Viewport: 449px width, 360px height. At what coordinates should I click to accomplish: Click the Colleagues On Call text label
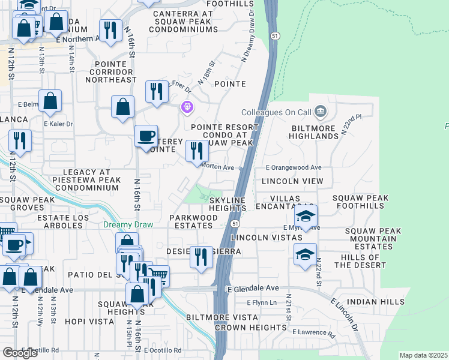click(x=276, y=112)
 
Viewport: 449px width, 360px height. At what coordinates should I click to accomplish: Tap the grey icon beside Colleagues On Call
click(x=320, y=111)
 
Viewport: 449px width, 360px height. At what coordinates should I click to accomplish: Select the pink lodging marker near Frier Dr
click(x=187, y=107)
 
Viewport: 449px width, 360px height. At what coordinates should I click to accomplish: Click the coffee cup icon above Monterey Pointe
click(x=146, y=136)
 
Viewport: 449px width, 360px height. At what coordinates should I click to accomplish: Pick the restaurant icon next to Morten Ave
click(x=196, y=151)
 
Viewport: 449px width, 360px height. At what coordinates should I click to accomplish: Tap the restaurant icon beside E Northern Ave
click(x=110, y=31)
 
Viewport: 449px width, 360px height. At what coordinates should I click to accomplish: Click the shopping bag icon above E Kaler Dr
click(x=50, y=101)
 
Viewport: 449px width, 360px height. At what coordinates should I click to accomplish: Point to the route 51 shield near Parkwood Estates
click(x=235, y=223)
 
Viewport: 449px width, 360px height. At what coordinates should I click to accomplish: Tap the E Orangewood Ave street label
click(x=294, y=167)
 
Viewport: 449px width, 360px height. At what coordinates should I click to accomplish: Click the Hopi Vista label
click(x=89, y=322)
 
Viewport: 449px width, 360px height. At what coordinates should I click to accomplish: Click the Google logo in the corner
click(x=20, y=352)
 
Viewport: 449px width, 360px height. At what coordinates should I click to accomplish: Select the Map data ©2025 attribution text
click(x=423, y=355)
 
